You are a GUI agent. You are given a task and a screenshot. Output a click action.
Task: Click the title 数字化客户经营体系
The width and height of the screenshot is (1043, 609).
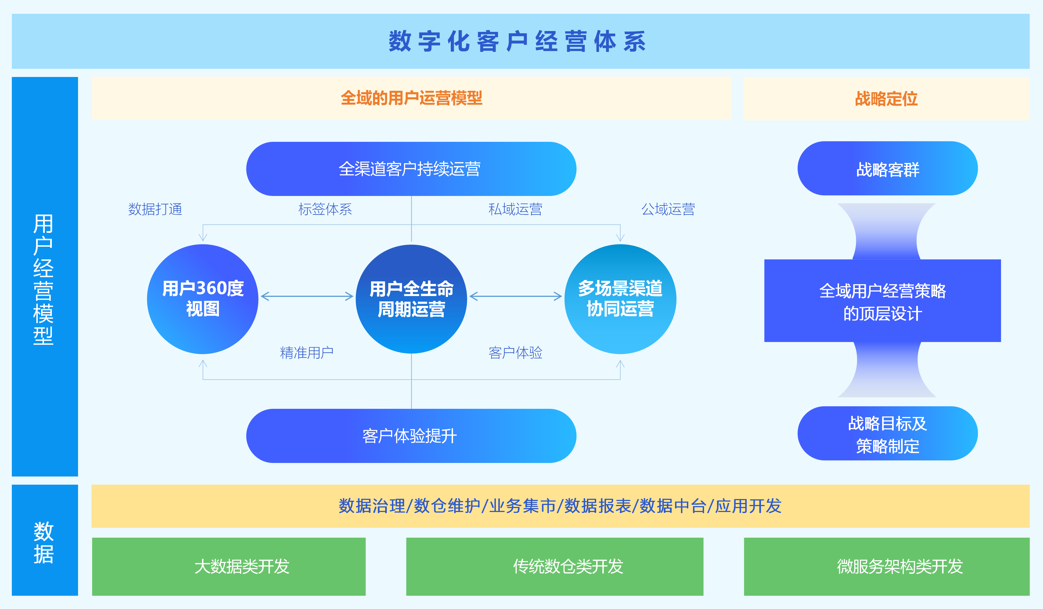(x=517, y=41)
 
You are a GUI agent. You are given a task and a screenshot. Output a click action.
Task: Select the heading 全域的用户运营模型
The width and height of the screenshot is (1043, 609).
(x=411, y=98)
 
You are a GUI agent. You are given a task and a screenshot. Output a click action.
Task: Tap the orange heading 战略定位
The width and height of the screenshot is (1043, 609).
(x=886, y=99)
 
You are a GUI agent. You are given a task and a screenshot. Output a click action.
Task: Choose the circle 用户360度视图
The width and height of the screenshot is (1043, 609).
(x=203, y=299)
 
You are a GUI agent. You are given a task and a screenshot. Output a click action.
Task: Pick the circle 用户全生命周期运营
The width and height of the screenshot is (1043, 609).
(x=411, y=299)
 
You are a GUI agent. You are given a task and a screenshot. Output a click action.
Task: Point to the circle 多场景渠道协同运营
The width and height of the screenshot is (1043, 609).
(x=620, y=299)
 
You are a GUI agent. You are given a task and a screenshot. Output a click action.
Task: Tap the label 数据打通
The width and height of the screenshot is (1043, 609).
(x=155, y=209)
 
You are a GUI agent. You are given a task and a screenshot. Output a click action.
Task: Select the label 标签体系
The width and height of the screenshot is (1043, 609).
(x=325, y=209)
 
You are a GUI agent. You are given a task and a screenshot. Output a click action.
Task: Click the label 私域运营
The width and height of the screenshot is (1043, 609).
(x=515, y=209)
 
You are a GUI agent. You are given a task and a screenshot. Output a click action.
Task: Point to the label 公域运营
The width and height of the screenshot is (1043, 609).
(x=668, y=209)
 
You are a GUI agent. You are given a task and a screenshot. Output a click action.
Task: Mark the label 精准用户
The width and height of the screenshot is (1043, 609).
(x=307, y=352)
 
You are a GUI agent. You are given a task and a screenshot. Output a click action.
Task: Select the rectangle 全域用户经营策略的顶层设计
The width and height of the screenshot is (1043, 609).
(x=882, y=301)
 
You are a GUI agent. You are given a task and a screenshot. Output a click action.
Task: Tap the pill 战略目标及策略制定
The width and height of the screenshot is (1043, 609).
(x=887, y=434)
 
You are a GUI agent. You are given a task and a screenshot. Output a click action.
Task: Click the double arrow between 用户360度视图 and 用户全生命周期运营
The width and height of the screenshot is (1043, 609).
(x=307, y=296)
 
